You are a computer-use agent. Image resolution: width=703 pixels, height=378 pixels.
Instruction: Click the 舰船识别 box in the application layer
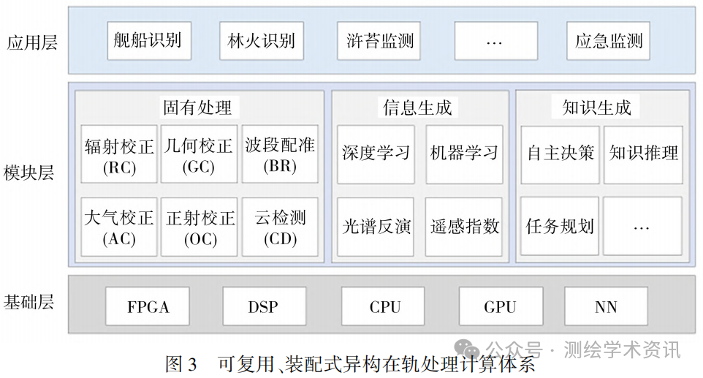(149, 41)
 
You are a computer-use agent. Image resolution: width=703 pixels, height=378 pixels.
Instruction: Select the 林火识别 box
(262, 41)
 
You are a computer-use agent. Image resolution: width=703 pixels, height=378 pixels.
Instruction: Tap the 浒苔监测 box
(379, 41)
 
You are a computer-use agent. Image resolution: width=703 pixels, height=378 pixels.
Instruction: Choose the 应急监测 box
(609, 41)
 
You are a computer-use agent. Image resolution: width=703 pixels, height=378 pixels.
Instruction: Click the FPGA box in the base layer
(148, 306)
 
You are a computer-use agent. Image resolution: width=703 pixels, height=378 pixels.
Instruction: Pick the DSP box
(265, 306)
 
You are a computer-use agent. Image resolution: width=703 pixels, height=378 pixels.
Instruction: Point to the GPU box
(501, 306)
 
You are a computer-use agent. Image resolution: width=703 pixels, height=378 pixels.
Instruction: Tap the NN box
(606, 306)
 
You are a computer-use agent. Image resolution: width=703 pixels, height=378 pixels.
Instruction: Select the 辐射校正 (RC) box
(119, 154)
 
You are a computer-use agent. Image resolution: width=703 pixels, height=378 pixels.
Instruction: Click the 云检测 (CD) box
(280, 227)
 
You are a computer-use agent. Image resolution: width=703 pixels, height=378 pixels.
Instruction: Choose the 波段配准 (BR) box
(280, 154)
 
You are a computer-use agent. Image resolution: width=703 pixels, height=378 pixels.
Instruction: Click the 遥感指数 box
(464, 227)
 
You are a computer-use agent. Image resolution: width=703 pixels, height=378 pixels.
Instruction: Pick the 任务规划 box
(560, 226)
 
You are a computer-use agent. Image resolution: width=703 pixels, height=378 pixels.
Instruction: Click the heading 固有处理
(197, 107)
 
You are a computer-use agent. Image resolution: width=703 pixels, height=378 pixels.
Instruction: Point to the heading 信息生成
(417, 107)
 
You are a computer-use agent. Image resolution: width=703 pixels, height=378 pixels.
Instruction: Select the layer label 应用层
(32, 42)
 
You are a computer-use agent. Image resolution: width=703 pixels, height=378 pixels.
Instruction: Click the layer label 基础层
(29, 302)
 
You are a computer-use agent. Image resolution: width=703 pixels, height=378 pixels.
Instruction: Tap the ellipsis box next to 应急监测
(496, 41)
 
